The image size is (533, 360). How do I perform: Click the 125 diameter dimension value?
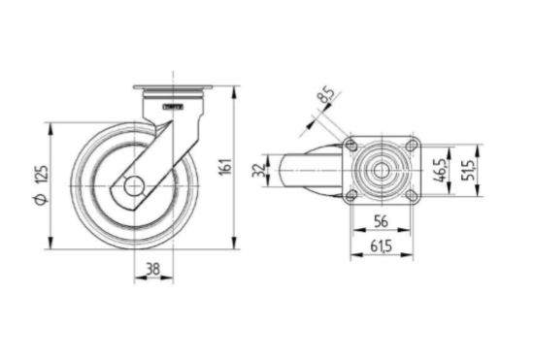(42, 175)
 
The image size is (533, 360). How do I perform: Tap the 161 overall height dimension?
(225, 166)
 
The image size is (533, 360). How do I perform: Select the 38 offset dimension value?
(153, 269)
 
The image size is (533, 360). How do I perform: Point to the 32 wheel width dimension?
(259, 170)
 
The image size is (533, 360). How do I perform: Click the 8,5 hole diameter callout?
(325, 95)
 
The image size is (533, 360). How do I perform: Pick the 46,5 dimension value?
(441, 170)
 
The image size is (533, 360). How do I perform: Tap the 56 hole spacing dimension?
(381, 221)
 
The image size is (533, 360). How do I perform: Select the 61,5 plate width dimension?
(381, 245)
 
